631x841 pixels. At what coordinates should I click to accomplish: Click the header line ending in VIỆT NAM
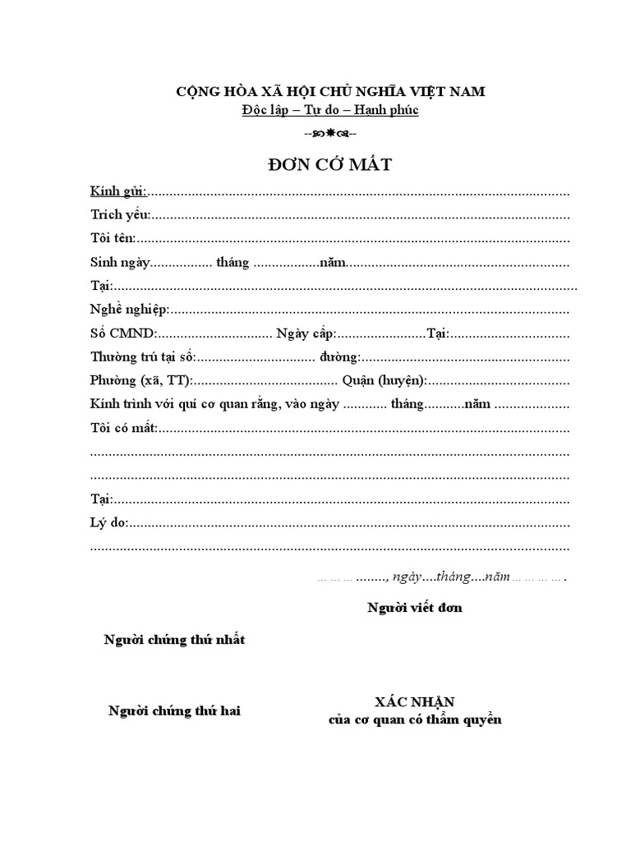coord(337,91)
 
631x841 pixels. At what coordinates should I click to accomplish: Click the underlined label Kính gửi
coord(118,192)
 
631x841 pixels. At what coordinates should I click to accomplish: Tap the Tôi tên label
coord(113,239)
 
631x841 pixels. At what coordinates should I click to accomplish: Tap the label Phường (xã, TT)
coord(140,381)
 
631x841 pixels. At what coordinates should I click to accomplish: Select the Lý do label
coord(109,523)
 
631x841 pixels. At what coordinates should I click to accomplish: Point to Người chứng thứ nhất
coord(174,640)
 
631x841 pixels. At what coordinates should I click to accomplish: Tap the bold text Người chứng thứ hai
coord(174,711)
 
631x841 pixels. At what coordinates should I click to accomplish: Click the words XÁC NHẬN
coord(414,702)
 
